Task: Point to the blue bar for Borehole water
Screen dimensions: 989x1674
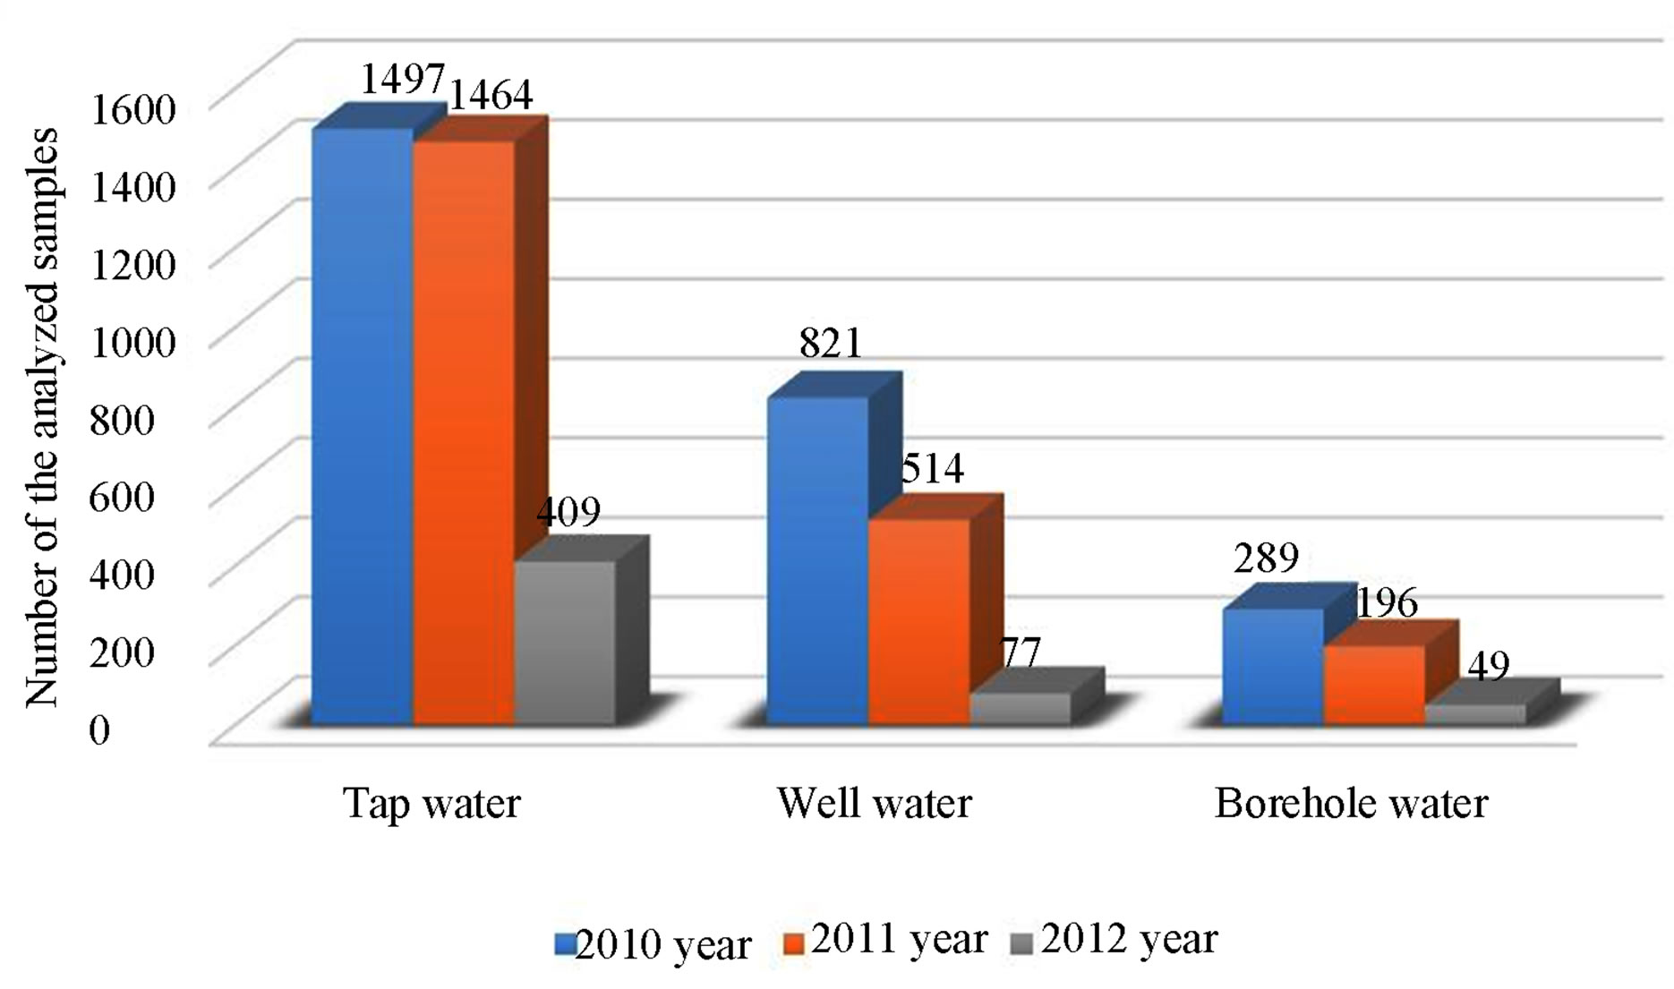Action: pyautogui.click(x=1272, y=666)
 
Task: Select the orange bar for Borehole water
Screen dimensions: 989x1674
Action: pyautogui.click(x=1374, y=684)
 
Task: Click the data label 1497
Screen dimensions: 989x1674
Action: pyautogui.click(x=402, y=80)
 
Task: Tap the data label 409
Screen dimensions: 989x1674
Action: pyautogui.click(x=568, y=512)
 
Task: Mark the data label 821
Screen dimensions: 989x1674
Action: pyautogui.click(x=831, y=343)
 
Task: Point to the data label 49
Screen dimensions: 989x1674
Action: pyautogui.click(x=1488, y=665)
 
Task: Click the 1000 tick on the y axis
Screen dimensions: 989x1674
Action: pyautogui.click(x=133, y=341)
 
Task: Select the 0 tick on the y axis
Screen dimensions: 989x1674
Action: pyautogui.click(x=99, y=729)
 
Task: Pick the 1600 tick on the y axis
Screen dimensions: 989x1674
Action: pyautogui.click(x=133, y=108)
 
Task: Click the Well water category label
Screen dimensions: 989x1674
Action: pyautogui.click(x=874, y=803)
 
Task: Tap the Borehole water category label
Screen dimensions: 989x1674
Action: pyautogui.click(x=1351, y=803)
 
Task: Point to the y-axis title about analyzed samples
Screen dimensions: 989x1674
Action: pyautogui.click(x=41, y=417)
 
